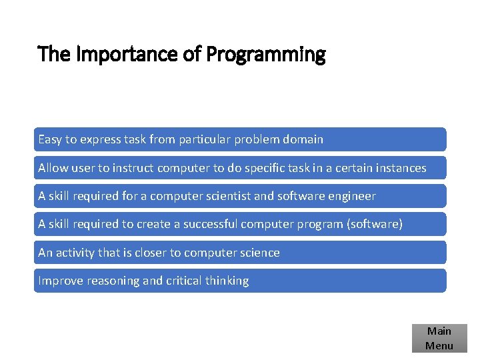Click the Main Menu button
[439, 338]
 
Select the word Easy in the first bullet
[50, 139]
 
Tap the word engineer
[351, 196]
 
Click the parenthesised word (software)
[375, 224]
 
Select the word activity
[75, 253]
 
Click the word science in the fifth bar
[259, 253]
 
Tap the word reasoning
[111, 281]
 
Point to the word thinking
[228, 281]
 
